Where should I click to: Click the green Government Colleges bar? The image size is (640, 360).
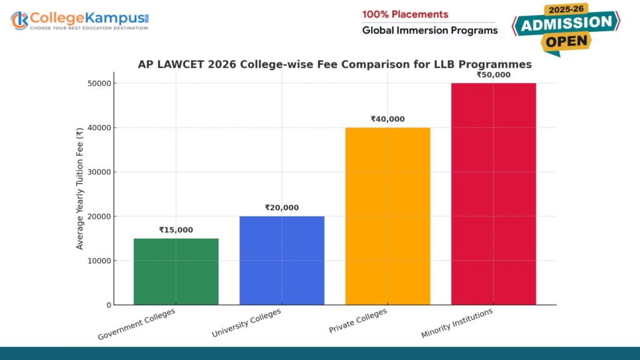(176, 271)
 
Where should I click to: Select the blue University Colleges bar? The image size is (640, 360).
(282, 260)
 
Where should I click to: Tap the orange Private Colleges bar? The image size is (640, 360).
(387, 216)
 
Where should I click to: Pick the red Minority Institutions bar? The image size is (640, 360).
(493, 194)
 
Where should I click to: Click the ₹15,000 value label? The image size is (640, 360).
(176, 230)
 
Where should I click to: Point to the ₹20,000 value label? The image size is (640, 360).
(282, 207)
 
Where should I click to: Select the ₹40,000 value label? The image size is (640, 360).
(387, 119)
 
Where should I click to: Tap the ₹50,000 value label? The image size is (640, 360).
(493, 75)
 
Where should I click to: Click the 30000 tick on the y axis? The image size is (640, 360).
(99, 172)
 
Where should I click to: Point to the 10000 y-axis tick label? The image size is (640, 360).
(99, 261)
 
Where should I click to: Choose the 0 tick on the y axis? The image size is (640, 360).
(109, 305)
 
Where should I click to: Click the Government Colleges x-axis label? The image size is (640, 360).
(137, 324)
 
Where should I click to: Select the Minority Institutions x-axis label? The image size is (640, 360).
(457, 323)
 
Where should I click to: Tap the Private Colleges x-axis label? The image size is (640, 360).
(358, 321)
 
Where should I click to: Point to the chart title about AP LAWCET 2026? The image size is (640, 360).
(334, 64)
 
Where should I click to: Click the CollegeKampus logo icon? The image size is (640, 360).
(19, 20)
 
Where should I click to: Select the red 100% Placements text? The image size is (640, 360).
(405, 14)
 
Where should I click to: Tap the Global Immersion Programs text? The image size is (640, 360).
(430, 31)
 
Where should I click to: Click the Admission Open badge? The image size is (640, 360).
(566, 29)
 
